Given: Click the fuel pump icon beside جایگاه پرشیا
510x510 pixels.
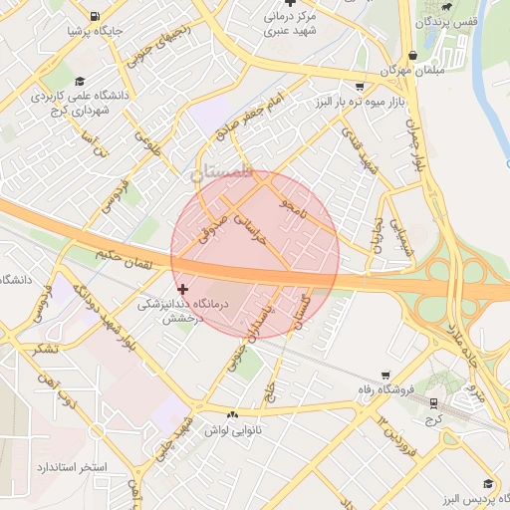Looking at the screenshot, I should pyautogui.click(x=94, y=17).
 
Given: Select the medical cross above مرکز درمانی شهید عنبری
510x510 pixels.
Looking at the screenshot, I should pyautogui.click(x=290, y=3).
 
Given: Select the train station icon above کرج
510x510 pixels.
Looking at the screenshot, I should pyautogui.click(x=434, y=402).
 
